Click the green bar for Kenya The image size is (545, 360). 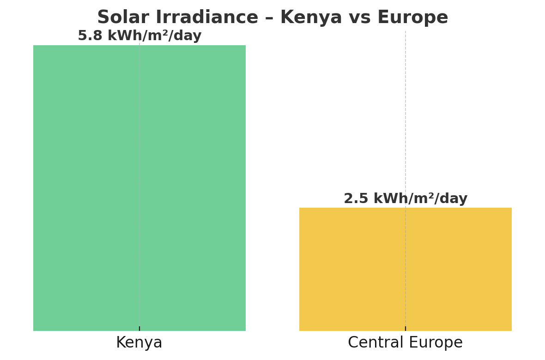point(139,188)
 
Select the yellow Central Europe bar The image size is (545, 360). point(405,269)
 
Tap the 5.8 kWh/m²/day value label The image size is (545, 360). point(139,36)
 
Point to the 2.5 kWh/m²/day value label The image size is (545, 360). point(405,198)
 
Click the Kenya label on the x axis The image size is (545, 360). point(139,342)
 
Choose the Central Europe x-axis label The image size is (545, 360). point(405,342)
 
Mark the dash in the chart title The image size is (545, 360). point(269,18)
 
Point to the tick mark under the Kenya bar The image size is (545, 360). point(139,328)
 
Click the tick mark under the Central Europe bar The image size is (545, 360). point(405,328)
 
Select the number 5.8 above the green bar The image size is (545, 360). point(90,36)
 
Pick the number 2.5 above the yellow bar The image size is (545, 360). point(356,198)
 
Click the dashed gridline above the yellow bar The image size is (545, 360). point(405,111)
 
